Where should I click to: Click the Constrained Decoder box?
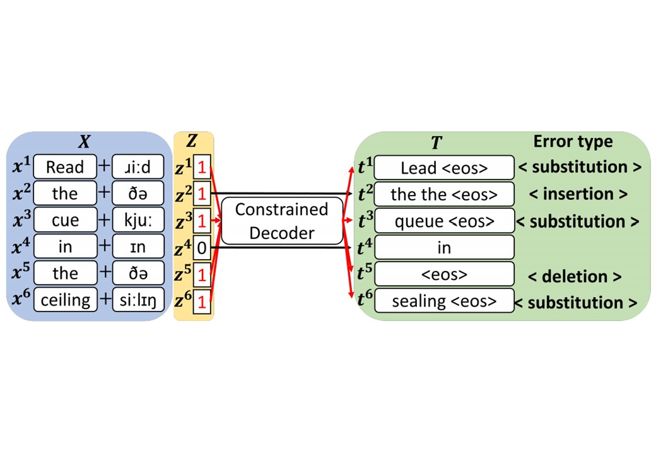282,221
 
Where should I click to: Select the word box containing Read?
65,167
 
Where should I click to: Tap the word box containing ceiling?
65,300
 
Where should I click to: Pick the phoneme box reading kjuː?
138,221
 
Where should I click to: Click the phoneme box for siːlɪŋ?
138,300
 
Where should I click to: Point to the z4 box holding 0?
201,248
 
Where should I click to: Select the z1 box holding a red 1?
201,167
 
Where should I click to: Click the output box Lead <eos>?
444,168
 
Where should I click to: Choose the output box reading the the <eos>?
444,194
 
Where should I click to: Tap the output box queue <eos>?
444,221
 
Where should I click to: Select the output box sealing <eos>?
444,301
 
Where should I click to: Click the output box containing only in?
444,248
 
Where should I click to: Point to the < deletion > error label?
575,276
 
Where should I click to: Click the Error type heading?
573,141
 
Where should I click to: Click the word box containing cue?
65,221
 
